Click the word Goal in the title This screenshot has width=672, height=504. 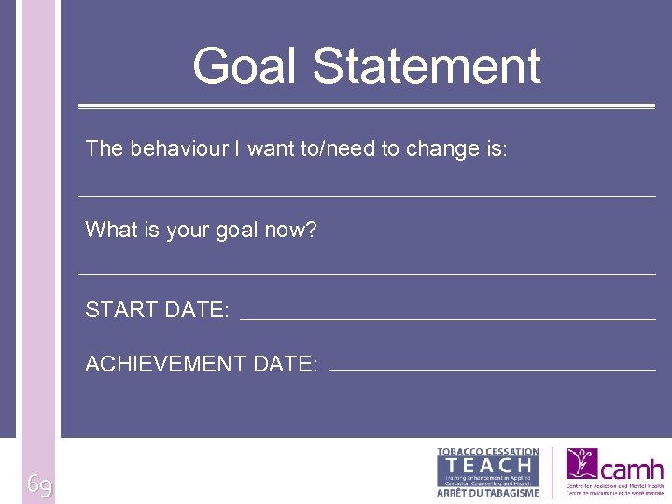pos(246,67)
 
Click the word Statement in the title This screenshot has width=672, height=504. pos(427,67)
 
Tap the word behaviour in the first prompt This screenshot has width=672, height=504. pos(174,148)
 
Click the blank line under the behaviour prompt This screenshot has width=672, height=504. pos(367,196)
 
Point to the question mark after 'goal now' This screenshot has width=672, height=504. pos(311,230)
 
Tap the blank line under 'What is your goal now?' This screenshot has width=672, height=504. pos(367,274)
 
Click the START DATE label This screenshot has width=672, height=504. pos(157,310)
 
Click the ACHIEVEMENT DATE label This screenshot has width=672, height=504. pos(201,364)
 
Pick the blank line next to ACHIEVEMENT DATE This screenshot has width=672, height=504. pos(493,371)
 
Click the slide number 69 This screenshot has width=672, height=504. pos(39,485)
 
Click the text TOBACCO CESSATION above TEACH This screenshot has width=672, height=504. pos(488,452)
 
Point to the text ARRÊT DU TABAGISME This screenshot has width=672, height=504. pos(488,493)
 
